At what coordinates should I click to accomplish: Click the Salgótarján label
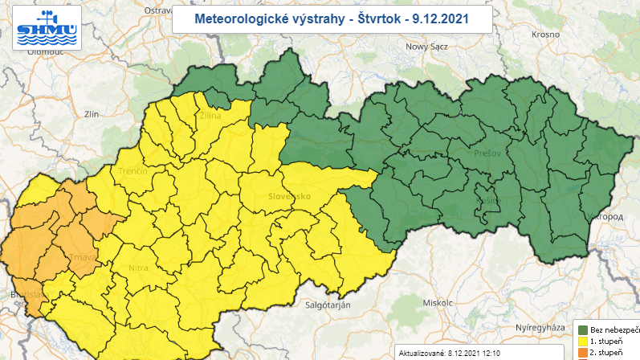point(334,305)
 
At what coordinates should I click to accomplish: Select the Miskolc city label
point(439,303)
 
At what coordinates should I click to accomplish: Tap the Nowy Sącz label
point(427,47)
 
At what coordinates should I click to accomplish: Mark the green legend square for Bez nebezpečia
point(582,330)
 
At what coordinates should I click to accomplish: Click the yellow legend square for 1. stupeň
point(582,342)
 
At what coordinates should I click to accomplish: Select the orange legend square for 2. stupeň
point(582,353)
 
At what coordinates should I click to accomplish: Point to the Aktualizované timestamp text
point(450,353)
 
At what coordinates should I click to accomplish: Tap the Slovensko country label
point(289,195)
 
